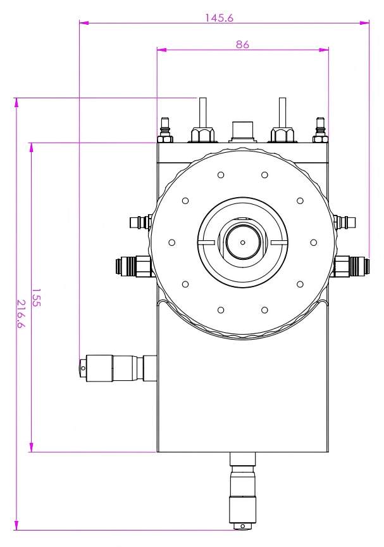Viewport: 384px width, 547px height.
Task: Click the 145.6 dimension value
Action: click(219, 18)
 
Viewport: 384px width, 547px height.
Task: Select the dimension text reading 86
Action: click(243, 44)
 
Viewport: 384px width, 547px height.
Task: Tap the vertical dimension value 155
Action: click(36, 297)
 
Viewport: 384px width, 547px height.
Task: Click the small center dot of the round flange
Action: click(243, 242)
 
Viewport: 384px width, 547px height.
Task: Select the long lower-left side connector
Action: click(117, 368)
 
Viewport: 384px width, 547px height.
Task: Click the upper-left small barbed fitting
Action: click(140, 222)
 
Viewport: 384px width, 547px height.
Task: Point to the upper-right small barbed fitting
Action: click(345, 222)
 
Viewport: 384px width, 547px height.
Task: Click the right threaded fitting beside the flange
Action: click(350, 266)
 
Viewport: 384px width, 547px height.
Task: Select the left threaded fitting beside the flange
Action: click(135, 266)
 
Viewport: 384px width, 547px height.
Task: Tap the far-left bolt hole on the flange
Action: click(171, 243)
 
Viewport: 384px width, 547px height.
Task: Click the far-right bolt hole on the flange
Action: click(314, 243)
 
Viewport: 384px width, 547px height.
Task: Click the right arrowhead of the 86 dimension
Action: click(324, 50)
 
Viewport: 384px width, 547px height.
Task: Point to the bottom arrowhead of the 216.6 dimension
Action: click(16, 525)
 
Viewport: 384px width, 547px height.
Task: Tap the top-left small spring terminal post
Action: click(165, 130)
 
